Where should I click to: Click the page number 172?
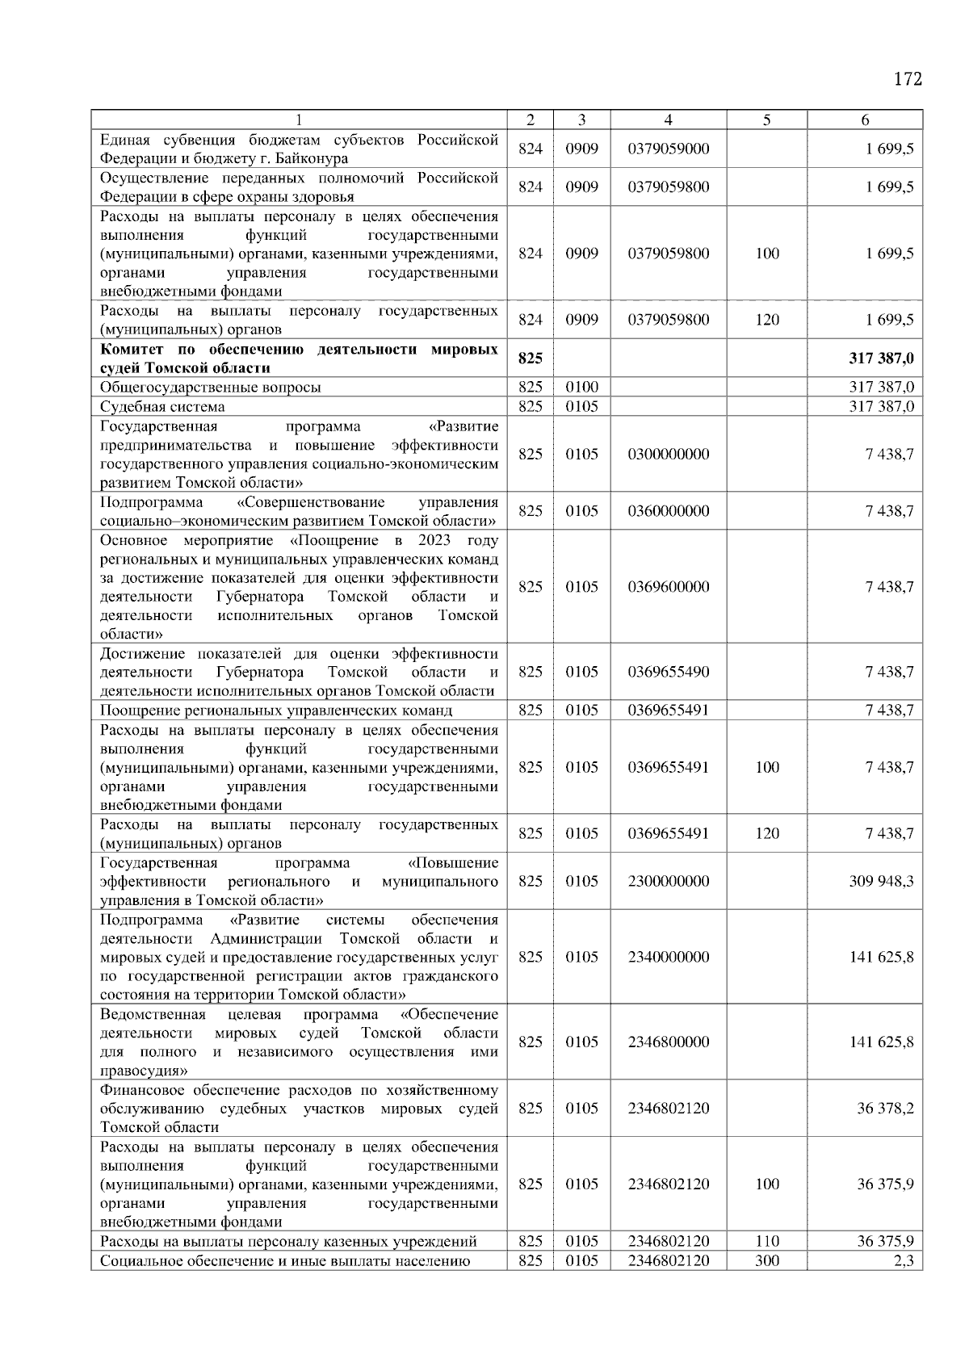907,79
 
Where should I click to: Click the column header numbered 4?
668,120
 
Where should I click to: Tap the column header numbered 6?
864,120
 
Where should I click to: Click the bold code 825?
530,358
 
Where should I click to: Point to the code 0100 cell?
581,388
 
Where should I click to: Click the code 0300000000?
668,455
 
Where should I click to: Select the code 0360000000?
668,511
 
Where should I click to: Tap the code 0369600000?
668,587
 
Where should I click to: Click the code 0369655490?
668,672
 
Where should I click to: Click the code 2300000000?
668,881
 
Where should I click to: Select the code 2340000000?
668,957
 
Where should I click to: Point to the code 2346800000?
668,1042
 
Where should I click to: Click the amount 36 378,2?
885,1109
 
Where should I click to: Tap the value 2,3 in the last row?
904,1261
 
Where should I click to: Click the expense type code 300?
766,1261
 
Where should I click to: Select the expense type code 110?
766,1242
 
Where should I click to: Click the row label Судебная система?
162,407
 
